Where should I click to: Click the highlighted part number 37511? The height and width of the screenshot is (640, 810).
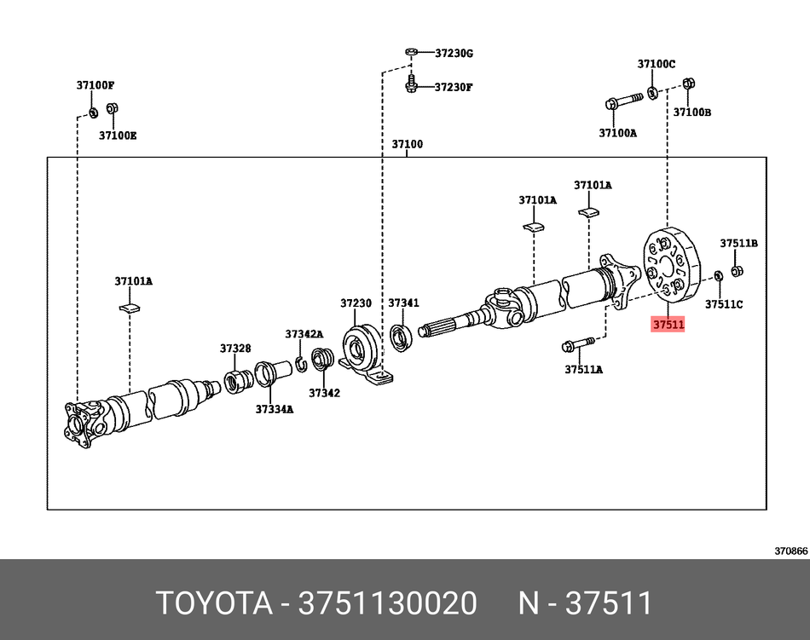pos(668,325)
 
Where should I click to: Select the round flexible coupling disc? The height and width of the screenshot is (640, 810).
pos(668,265)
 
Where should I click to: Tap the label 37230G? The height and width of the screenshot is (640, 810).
pos(454,53)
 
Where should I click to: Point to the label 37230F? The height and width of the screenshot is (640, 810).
pos(454,87)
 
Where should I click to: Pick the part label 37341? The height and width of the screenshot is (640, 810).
pos(403,303)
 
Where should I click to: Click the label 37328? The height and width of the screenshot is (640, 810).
pos(234,348)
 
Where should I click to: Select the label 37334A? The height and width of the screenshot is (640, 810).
pos(274,409)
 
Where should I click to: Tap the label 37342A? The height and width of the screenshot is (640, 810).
pos(304,334)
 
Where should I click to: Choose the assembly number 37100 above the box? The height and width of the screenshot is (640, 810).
pos(408,144)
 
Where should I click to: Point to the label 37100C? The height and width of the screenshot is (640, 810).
pos(656,64)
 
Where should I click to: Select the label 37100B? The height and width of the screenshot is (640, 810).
pos(692,112)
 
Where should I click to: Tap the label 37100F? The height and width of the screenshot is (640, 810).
pos(95,85)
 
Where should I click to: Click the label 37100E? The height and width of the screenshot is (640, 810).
pos(117,135)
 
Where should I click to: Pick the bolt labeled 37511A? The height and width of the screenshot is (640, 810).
pos(578,346)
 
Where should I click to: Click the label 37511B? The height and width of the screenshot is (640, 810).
pos(738,243)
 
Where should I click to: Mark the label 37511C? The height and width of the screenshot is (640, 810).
pos(724,304)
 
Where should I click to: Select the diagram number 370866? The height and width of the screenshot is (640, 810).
pos(790,551)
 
